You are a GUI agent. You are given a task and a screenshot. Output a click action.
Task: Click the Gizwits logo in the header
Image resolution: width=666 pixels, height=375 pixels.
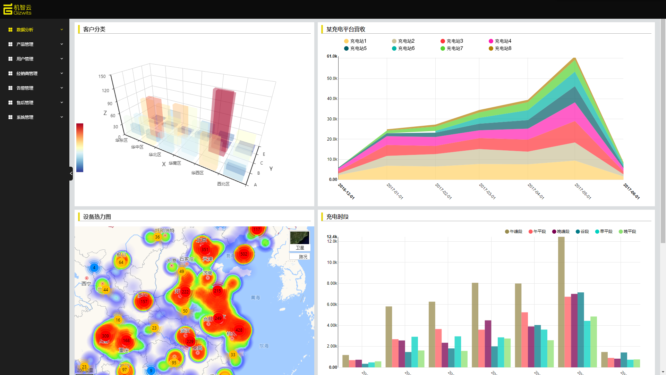click(x=17, y=9)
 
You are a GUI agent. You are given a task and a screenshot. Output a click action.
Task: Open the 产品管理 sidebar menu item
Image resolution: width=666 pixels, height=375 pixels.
click(x=25, y=44)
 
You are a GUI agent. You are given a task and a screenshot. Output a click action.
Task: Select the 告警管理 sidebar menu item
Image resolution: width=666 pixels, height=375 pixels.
click(x=25, y=88)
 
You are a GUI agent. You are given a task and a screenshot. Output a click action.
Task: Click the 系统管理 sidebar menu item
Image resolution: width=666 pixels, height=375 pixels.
click(x=25, y=117)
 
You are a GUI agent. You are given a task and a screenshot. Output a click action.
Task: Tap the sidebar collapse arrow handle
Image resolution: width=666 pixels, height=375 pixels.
click(x=71, y=173)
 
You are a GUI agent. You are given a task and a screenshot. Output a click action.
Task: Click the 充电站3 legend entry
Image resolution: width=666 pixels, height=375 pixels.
click(x=452, y=41)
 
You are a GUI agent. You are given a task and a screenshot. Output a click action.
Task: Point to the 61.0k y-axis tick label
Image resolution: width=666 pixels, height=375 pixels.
click(x=332, y=56)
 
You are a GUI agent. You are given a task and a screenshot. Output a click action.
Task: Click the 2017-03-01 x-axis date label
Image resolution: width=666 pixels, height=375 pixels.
click(x=487, y=191)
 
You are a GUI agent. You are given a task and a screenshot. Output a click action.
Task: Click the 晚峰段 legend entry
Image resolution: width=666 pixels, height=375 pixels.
click(x=561, y=232)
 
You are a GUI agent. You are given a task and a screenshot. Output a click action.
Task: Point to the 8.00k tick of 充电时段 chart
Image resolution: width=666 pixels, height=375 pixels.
click(x=332, y=283)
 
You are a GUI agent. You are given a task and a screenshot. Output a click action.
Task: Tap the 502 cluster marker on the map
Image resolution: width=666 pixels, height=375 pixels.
click(x=244, y=254)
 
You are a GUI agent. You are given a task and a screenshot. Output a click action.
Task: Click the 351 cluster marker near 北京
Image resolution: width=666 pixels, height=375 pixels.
click(x=205, y=249)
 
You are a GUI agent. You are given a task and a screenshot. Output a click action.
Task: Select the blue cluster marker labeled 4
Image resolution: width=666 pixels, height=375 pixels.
click(x=94, y=267)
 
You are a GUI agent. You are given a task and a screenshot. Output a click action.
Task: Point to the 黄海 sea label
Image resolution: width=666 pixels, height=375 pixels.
click(x=255, y=298)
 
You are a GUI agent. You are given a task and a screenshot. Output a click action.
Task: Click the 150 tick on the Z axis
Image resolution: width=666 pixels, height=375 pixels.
click(x=102, y=76)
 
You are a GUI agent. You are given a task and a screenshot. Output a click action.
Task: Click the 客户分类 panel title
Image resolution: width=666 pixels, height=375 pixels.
click(x=94, y=29)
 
